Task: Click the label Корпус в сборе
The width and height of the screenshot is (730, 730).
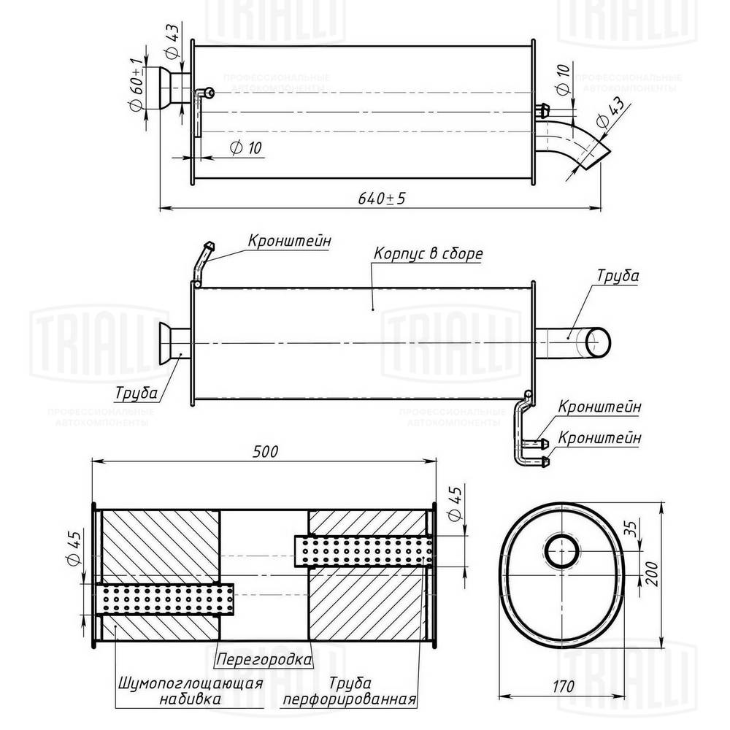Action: pyautogui.click(x=428, y=255)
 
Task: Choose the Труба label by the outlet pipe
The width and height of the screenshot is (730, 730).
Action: pyautogui.click(x=618, y=277)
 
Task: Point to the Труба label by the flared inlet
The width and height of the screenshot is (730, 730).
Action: pyautogui.click(x=137, y=393)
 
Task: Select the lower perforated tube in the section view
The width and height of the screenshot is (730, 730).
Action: pyautogui.click(x=164, y=599)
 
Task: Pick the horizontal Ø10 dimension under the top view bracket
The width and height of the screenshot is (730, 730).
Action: pyautogui.click(x=245, y=147)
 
